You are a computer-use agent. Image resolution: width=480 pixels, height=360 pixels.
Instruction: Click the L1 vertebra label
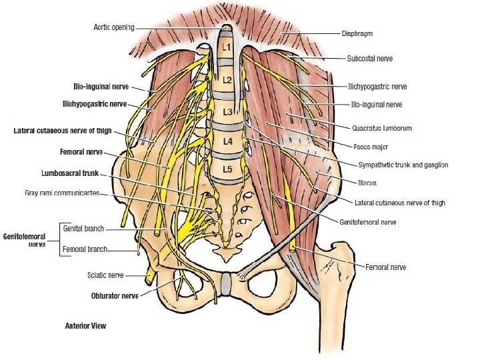(x=226, y=49)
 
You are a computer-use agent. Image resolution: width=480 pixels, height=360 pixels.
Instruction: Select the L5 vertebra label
(x=227, y=170)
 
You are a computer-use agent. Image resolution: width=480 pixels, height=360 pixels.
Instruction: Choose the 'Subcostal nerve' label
(x=369, y=59)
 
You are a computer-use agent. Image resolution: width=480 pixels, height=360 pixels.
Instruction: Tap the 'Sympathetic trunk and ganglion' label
(x=403, y=165)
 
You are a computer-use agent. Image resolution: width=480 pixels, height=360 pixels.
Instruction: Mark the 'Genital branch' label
(x=83, y=228)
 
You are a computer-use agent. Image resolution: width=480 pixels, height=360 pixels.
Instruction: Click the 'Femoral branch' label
(x=84, y=250)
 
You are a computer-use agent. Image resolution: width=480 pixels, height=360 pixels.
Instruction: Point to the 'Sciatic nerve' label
(x=105, y=274)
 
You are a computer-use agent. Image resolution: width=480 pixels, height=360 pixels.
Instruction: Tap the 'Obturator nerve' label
(x=115, y=295)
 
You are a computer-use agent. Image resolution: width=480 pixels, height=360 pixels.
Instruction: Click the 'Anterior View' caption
(x=85, y=327)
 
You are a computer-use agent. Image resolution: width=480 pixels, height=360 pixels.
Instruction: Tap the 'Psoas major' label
(x=371, y=146)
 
